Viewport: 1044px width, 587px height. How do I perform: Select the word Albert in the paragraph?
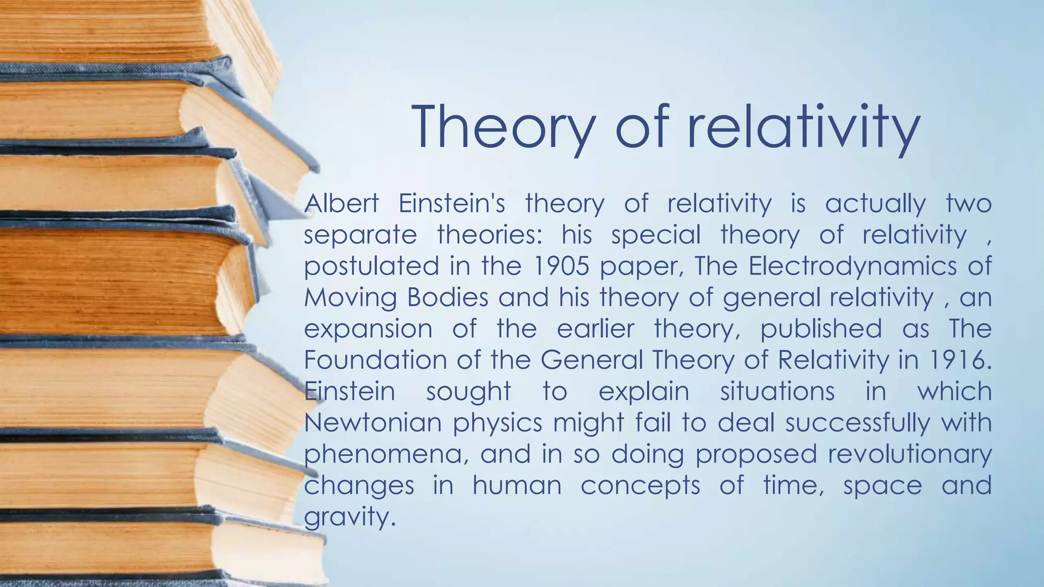click(x=341, y=203)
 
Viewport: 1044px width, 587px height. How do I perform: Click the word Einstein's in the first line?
click(x=452, y=203)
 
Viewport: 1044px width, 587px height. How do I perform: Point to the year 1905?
click(x=560, y=266)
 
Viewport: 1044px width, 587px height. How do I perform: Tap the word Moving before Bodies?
click(x=350, y=298)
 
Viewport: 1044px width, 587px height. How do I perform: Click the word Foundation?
click(x=375, y=360)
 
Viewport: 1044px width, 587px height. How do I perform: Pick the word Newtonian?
click(x=373, y=422)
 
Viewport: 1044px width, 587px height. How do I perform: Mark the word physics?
click(x=498, y=423)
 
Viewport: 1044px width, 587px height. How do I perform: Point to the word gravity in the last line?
click(x=349, y=517)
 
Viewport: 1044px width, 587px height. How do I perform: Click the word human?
click(x=517, y=485)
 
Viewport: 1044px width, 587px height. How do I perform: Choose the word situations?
click(x=777, y=391)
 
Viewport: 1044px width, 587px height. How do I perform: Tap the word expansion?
click(x=368, y=329)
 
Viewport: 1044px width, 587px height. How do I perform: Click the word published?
click(x=821, y=329)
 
